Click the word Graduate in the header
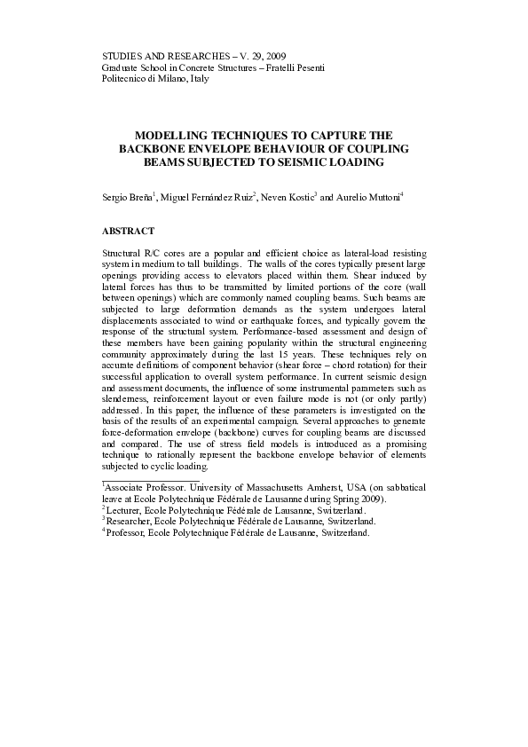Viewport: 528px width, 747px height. click(x=122, y=67)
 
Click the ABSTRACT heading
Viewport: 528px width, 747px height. click(x=129, y=232)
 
